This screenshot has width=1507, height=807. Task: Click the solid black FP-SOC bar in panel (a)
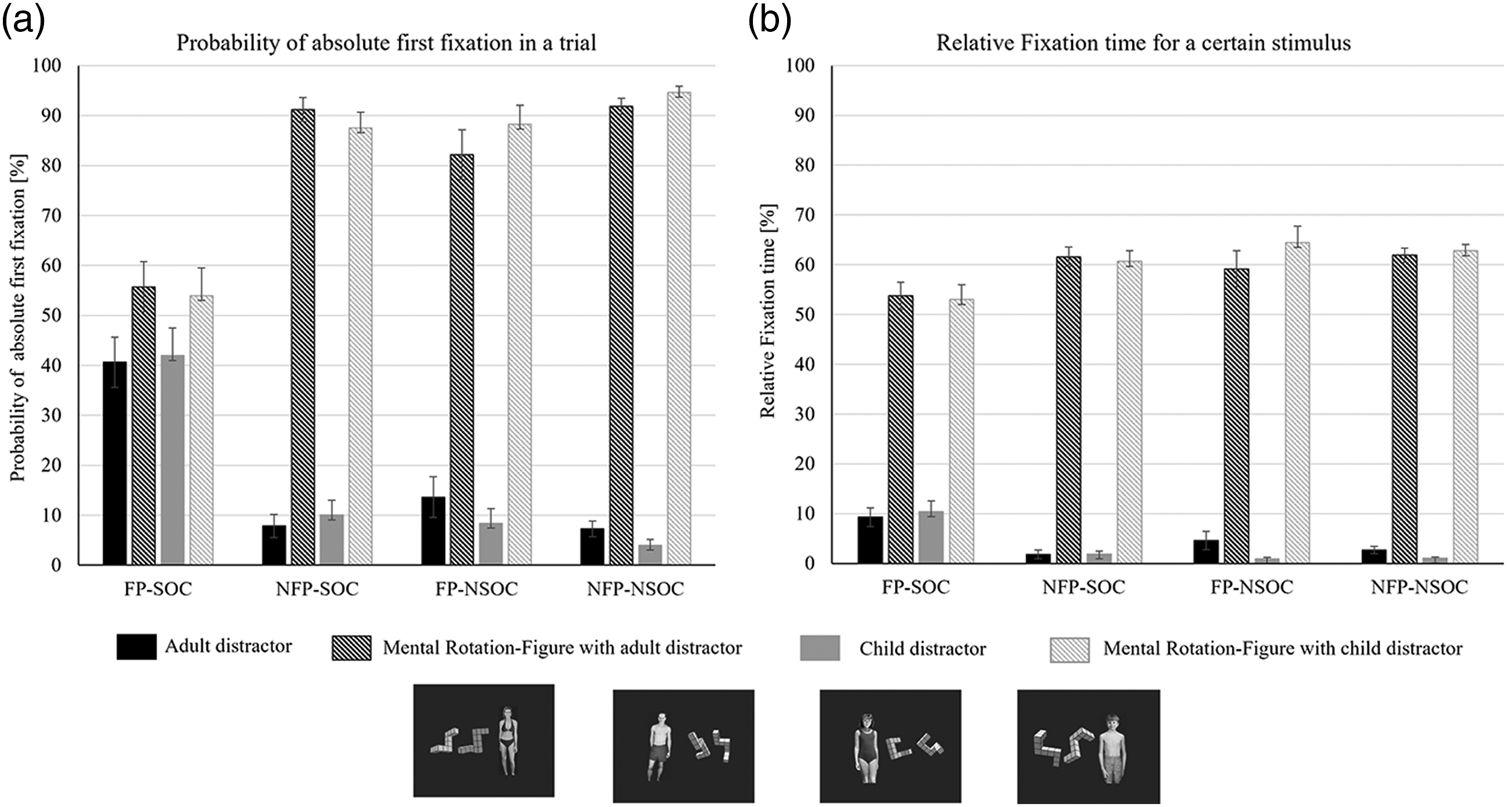pyautogui.click(x=115, y=463)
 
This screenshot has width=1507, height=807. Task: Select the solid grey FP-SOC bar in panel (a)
pyautogui.click(x=173, y=460)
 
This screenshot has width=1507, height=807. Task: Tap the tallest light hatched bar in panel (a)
pyautogui.click(x=679, y=328)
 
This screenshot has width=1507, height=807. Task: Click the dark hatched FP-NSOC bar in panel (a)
pyautogui.click(x=461, y=359)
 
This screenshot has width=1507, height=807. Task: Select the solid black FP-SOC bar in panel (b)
pyautogui.click(x=870, y=540)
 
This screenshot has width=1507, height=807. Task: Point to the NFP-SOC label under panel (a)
pyautogui.click(x=317, y=588)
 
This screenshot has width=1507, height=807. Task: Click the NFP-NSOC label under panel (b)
pyautogui.click(x=1419, y=587)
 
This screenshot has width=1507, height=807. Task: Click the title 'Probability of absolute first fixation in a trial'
pyautogui.click(x=386, y=43)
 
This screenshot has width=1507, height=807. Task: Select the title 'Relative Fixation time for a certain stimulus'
pyautogui.click(x=1143, y=43)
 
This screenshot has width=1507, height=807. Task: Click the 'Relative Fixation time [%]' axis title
pyautogui.click(x=767, y=311)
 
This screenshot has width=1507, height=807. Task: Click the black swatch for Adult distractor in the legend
pyautogui.click(x=136, y=646)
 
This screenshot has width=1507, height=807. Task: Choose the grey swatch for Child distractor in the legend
pyautogui.click(x=820, y=648)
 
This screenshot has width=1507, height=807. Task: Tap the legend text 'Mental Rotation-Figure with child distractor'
pyautogui.click(x=1283, y=648)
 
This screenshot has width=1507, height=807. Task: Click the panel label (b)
pyautogui.click(x=769, y=20)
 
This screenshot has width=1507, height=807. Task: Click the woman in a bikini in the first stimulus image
pyautogui.click(x=508, y=740)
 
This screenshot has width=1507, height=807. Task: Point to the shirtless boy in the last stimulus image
pyautogui.click(x=1112, y=748)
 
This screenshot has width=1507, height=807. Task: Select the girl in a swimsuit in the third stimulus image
pyautogui.click(x=867, y=748)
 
